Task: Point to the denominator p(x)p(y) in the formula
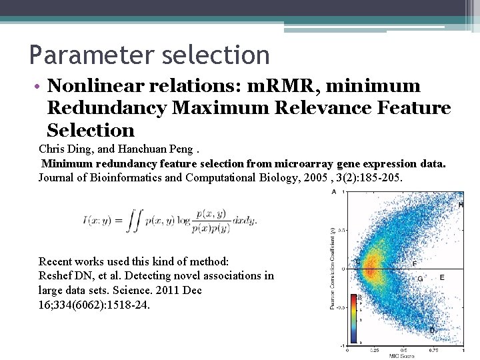[x=211, y=228]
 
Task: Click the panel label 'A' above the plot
[x=333, y=192]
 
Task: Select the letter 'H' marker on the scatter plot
[x=461, y=205]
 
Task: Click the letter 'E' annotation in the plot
[x=442, y=277]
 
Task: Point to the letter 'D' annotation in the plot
[x=432, y=330]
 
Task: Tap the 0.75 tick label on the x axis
[x=434, y=349]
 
